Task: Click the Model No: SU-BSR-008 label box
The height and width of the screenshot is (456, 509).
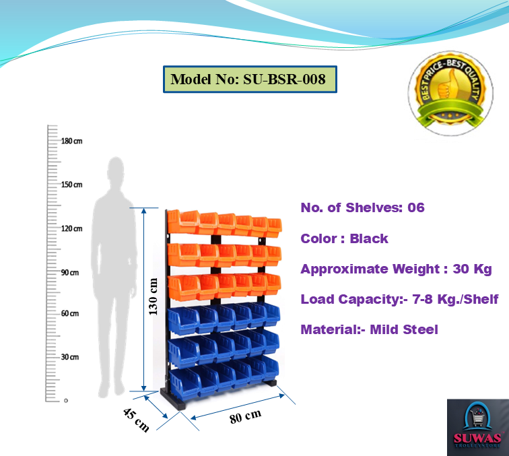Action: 248,79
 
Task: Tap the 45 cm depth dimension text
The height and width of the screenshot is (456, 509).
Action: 136,420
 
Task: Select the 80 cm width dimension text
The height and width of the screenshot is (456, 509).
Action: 245,416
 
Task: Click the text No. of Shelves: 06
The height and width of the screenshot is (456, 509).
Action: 362,207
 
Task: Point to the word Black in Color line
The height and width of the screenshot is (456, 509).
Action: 369,238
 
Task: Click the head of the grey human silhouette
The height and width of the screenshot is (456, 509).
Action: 116,169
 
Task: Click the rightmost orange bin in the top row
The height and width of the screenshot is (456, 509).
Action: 273,227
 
